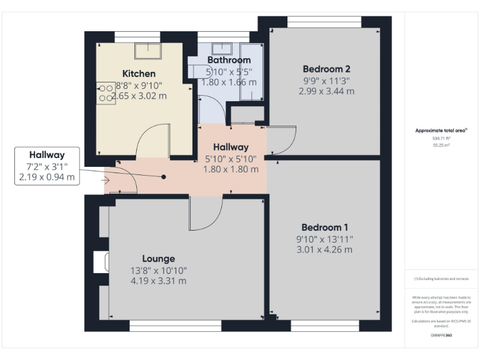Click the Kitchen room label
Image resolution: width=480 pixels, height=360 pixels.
pyautogui.click(x=139, y=74)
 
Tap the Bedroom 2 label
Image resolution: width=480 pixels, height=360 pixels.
pyautogui.click(x=326, y=69)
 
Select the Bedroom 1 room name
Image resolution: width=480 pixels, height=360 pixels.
pyautogui.click(x=324, y=227)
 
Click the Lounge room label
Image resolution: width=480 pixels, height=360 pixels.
pyautogui.click(x=158, y=259)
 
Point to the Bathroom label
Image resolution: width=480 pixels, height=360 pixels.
pyautogui.click(x=229, y=61)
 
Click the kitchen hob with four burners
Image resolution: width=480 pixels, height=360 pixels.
pyautogui.click(x=106, y=92)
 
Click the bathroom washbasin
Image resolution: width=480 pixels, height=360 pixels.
pyautogui.click(x=222, y=48)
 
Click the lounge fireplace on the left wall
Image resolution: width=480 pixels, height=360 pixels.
pyautogui.click(x=99, y=262)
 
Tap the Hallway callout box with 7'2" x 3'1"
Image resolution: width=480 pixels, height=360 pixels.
pyautogui.click(x=49, y=166)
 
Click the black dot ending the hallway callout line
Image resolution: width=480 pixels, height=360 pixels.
pyautogui.click(x=164, y=177)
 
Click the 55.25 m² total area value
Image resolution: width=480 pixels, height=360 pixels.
pyautogui.click(x=441, y=144)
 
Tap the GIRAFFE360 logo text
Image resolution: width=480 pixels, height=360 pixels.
pyautogui.click(x=441, y=336)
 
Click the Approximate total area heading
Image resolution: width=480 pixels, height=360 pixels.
pyautogui.click(x=441, y=131)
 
